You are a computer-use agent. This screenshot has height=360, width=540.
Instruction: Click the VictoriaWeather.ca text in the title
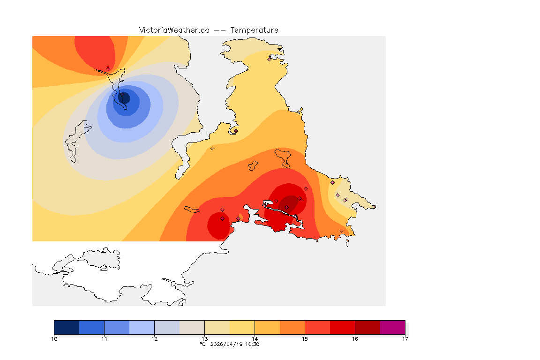coord(174,30)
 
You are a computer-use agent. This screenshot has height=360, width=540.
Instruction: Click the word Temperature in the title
coord(254,30)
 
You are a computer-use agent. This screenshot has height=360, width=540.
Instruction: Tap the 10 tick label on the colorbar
coord(54,338)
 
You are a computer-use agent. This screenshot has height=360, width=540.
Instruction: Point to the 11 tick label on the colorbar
coord(105,338)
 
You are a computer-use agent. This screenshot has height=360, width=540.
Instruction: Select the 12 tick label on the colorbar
coord(154,338)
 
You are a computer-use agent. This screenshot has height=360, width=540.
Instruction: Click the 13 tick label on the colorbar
coord(204,338)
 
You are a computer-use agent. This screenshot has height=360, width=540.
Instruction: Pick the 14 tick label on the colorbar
coord(255,338)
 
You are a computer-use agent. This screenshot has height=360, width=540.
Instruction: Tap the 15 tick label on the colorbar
coord(305,338)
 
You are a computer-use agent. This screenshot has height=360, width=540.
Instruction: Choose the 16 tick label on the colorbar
coord(355,338)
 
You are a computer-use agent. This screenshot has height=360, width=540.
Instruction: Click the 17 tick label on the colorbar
coord(405,338)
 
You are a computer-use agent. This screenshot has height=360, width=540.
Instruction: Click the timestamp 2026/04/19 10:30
coord(233,345)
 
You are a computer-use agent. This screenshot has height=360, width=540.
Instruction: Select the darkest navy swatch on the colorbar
coord(67,327)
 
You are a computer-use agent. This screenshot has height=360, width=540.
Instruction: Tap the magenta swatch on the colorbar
coord(392,327)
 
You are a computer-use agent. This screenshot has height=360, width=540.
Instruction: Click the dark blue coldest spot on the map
coord(124,98)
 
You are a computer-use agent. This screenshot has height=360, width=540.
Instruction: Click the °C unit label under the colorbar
coord(202,345)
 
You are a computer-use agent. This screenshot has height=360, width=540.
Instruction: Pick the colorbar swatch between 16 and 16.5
coord(367,327)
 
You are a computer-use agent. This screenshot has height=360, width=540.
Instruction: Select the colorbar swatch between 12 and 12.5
coord(167,327)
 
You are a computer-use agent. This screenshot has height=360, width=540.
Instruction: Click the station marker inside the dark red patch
coord(300,199)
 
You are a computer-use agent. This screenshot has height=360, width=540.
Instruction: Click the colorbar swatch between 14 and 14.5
coord(267,327)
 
